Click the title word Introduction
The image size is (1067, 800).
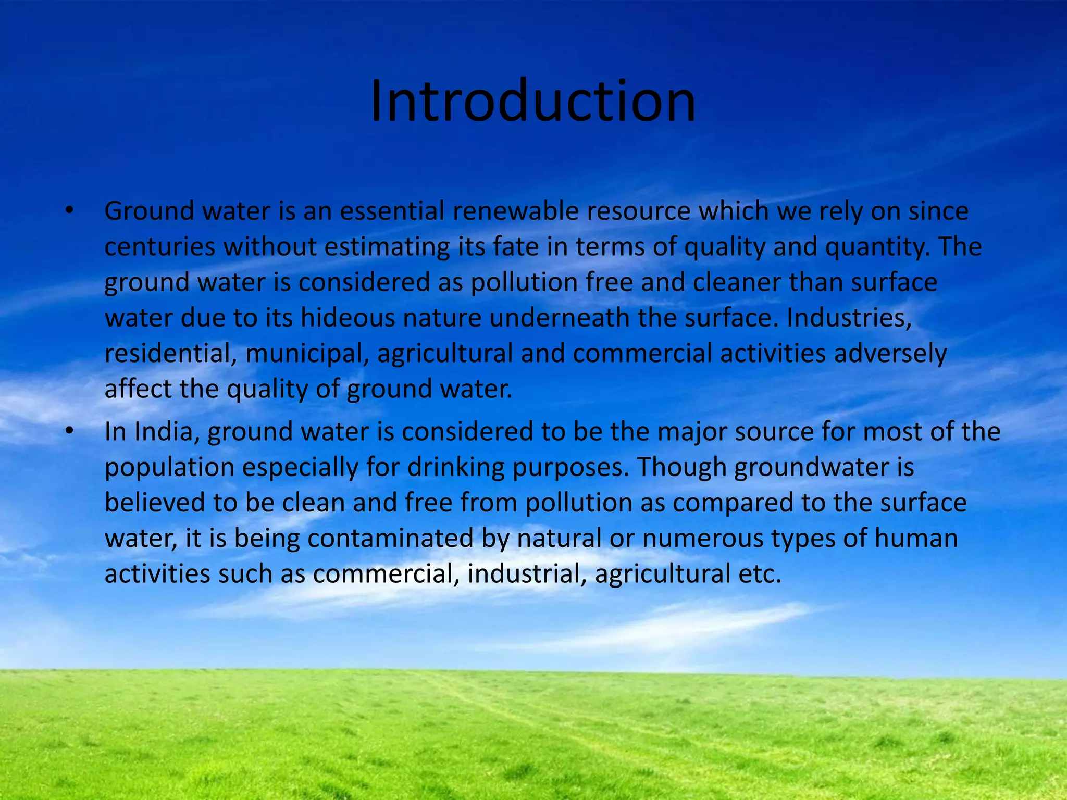pyautogui.click(x=532, y=101)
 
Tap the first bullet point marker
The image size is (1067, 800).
pyautogui.click(x=69, y=211)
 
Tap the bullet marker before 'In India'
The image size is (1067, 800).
pyautogui.click(x=69, y=432)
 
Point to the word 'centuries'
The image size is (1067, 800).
pyautogui.click(x=159, y=247)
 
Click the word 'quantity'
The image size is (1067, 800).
pyautogui.click(x=877, y=247)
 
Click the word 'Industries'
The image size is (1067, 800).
pyautogui.click(x=849, y=318)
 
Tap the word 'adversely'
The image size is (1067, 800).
pyautogui.click(x=890, y=353)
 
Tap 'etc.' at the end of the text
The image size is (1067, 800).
pyautogui.click(x=760, y=573)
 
